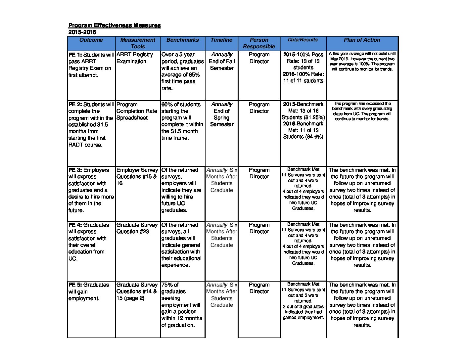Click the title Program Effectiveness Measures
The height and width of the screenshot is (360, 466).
115,25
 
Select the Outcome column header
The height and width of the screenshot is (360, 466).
91,40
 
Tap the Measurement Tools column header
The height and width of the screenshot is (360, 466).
138,43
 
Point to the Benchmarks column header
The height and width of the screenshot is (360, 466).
183,40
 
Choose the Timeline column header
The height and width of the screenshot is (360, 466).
221,40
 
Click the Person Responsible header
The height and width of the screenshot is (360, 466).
259,43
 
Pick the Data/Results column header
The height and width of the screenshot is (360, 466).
303,40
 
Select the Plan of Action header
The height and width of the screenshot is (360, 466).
362,40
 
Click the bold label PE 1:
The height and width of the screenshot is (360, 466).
75,55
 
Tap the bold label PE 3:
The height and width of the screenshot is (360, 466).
75,170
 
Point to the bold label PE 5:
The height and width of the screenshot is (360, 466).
75,285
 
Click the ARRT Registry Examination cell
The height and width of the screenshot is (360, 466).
135,58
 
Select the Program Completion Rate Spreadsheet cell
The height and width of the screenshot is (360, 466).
137,111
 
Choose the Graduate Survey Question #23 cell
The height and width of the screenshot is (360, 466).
137,228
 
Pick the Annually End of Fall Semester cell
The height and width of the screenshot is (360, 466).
222,61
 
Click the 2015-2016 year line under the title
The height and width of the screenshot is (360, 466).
82,32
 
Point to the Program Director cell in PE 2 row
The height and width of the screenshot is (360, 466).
259,108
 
